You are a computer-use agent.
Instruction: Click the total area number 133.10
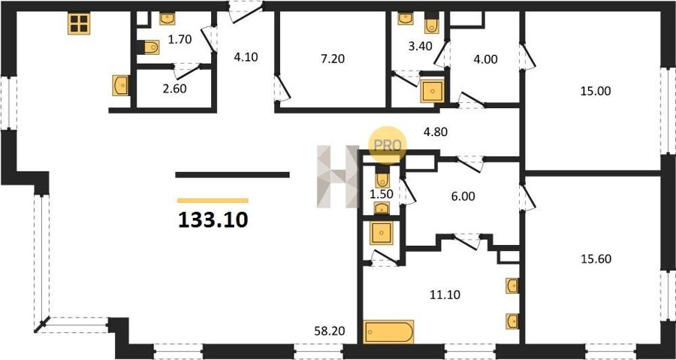(x=213, y=220)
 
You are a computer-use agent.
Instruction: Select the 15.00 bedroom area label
(x=596, y=91)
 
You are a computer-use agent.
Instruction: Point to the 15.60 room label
(x=596, y=259)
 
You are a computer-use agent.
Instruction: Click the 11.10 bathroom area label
(x=445, y=295)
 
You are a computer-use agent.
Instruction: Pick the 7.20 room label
(x=333, y=59)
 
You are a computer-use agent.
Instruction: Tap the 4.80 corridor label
(x=436, y=132)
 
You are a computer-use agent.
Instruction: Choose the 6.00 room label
(x=463, y=197)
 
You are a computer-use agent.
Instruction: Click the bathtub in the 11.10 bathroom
(x=388, y=331)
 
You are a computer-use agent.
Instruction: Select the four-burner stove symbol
(x=79, y=24)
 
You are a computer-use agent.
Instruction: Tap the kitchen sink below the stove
(x=120, y=86)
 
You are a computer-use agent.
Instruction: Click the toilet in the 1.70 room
(x=148, y=47)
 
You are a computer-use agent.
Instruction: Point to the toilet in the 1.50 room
(x=382, y=180)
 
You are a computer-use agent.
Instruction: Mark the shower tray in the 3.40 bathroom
(x=432, y=92)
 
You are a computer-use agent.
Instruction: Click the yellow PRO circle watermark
(x=387, y=145)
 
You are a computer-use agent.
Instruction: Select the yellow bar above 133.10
(x=213, y=201)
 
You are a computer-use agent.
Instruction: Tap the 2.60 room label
(x=175, y=89)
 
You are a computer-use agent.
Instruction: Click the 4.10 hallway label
(x=246, y=57)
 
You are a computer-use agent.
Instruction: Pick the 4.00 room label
(x=485, y=59)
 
